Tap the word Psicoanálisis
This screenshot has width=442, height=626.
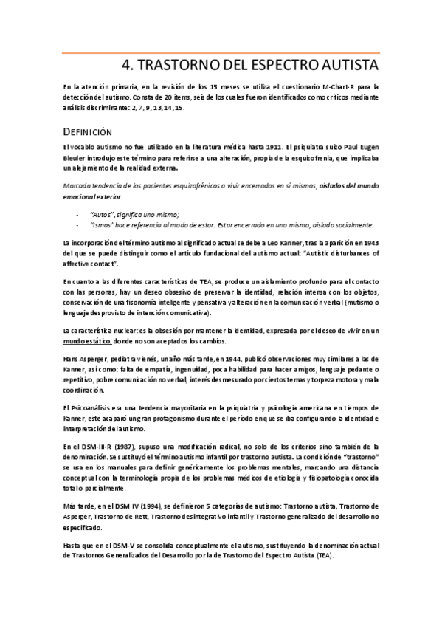[94, 408]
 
